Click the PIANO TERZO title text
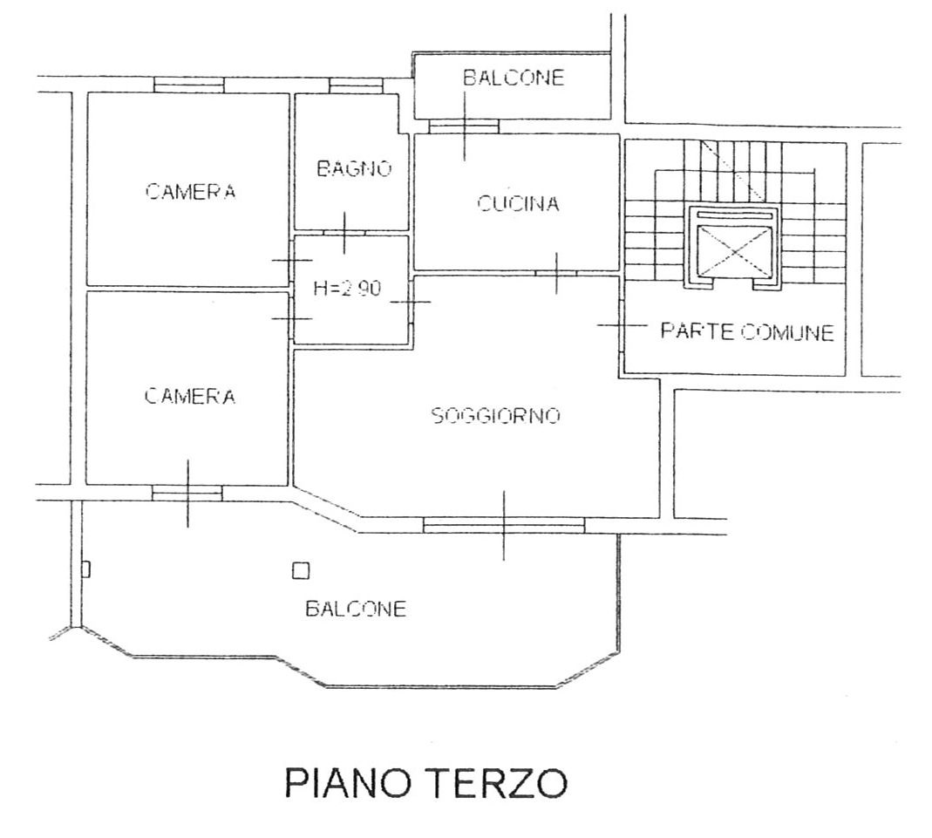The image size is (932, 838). [425, 783]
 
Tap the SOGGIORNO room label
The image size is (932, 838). [496, 415]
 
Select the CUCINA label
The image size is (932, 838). [518, 204]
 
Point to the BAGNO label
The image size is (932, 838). [354, 169]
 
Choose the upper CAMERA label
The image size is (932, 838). [190, 191]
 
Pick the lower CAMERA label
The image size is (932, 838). [190, 396]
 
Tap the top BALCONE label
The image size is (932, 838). [514, 78]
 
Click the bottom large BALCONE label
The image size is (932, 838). [356, 609]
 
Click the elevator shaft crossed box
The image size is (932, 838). [735, 251]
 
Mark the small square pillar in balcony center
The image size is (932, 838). [301, 571]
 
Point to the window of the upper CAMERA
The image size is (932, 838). [189, 85]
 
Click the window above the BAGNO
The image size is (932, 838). [356, 85]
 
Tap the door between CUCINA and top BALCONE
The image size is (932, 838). [464, 126]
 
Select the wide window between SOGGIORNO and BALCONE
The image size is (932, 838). [504, 525]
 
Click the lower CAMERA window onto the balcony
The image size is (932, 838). [187, 493]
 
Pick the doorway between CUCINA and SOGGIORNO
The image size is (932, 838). [555, 274]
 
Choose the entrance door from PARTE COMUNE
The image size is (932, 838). [621, 325]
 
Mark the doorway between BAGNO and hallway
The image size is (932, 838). [344, 232]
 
